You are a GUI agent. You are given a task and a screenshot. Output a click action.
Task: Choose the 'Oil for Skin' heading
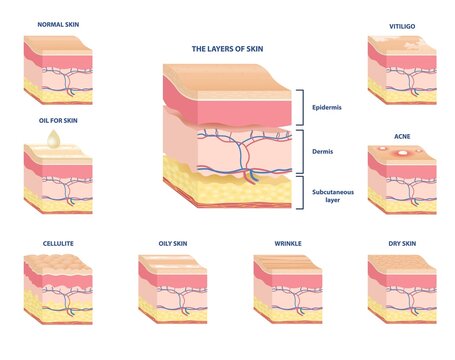point(57,120)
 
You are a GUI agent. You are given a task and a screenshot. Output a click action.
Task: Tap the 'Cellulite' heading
point(57,242)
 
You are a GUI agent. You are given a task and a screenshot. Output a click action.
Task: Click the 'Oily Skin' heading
point(171,242)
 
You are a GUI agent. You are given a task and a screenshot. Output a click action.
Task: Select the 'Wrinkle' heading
point(288,242)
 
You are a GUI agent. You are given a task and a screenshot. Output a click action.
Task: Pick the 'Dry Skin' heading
point(403,242)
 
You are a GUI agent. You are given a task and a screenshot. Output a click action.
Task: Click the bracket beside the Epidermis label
point(300,106)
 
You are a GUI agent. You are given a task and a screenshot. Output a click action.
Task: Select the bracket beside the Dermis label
point(300,152)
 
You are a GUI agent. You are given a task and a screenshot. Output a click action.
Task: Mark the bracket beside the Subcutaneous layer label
point(300,192)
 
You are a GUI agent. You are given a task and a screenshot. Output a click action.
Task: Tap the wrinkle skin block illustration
point(288,290)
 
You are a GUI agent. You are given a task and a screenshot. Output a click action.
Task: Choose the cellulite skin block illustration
point(57,290)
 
